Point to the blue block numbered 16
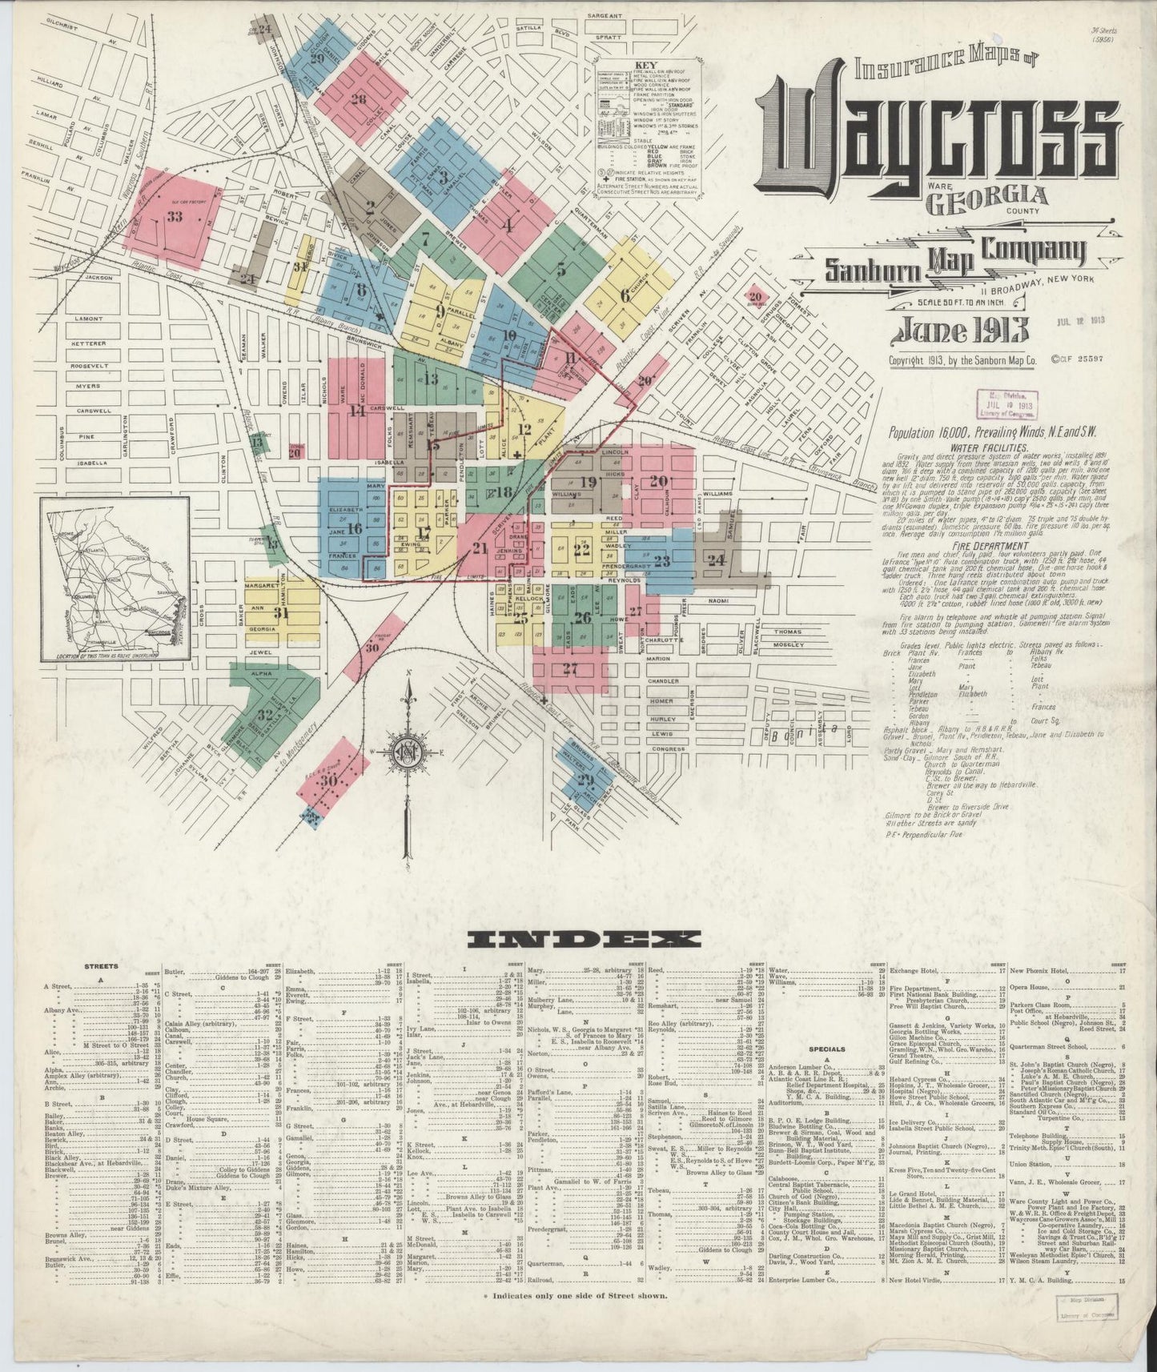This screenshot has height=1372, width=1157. point(353,528)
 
